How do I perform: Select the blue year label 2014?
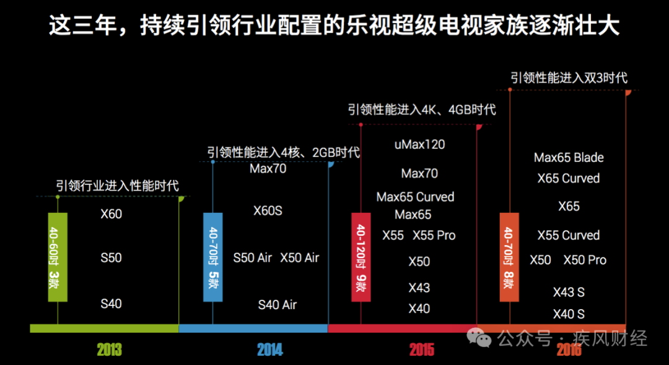(x=270, y=350)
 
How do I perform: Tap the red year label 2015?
(x=421, y=350)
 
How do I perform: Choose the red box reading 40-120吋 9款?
(x=361, y=257)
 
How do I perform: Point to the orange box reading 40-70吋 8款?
(x=509, y=257)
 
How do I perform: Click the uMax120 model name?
(x=419, y=145)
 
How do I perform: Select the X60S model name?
(x=268, y=210)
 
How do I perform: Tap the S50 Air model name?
(x=252, y=258)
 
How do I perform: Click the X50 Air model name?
(x=299, y=258)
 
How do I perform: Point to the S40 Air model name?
(x=277, y=305)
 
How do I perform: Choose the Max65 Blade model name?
(x=569, y=157)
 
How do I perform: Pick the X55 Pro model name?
(x=434, y=235)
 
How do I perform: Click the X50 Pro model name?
(x=585, y=260)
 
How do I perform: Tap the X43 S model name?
(x=569, y=292)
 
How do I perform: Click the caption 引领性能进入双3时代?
(x=569, y=78)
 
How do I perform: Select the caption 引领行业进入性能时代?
(x=117, y=186)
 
